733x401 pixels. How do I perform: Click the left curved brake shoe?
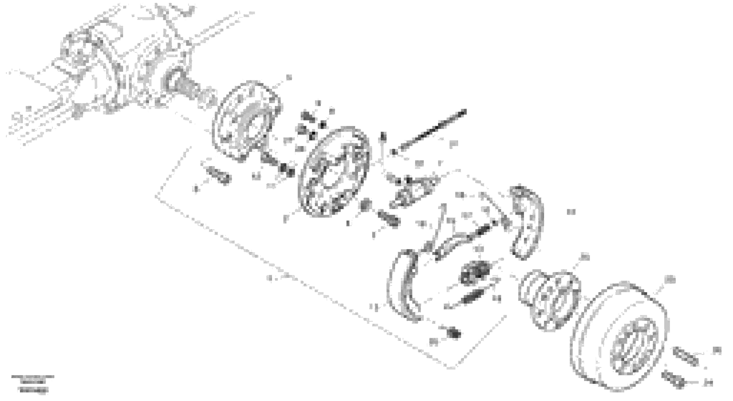(x=404, y=286)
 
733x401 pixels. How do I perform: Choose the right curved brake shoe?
(x=526, y=222)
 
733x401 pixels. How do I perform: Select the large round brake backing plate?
(x=334, y=172)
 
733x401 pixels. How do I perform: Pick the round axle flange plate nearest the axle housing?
(x=246, y=121)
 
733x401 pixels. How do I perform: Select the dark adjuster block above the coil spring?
(x=474, y=272)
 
